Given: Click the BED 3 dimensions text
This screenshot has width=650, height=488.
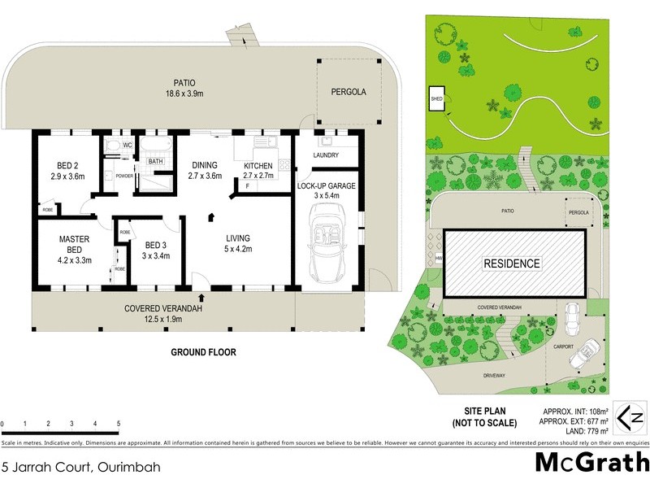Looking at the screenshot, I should click(x=155, y=256).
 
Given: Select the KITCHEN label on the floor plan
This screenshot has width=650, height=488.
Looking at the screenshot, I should click(x=259, y=166).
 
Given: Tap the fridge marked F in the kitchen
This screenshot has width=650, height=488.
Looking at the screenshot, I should click(x=246, y=186).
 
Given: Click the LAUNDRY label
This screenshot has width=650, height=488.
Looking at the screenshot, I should click(x=324, y=155).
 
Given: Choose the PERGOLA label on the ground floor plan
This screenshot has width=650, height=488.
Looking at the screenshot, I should click(x=348, y=93).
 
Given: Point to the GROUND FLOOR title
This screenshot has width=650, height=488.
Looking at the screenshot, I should click(x=203, y=352).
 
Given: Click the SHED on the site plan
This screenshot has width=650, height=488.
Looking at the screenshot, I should click(x=436, y=99).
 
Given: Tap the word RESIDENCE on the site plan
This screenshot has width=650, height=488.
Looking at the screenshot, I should click(x=512, y=264).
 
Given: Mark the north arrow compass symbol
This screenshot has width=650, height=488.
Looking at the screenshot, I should click(x=631, y=417).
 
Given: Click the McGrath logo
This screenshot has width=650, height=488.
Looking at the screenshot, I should click(x=591, y=462).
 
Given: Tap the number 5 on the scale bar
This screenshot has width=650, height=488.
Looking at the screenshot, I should click(x=119, y=425).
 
